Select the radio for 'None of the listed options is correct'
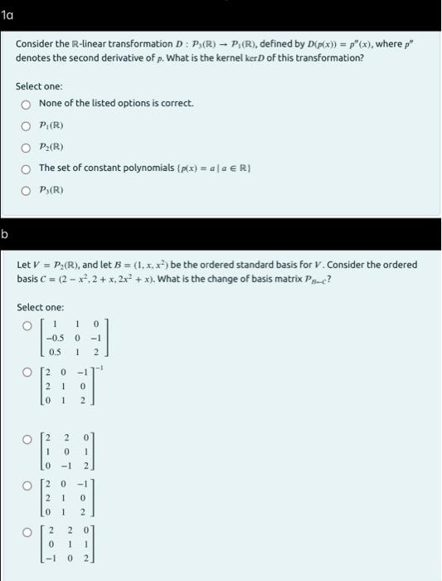click(x=27, y=103)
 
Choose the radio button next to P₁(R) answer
click(x=27, y=126)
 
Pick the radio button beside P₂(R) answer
click(x=27, y=148)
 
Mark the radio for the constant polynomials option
click(x=27, y=168)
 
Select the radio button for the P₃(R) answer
click(x=27, y=189)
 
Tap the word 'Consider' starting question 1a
click(x=33, y=43)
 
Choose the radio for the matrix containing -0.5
click(x=27, y=325)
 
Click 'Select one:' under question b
click(x=39, y=307)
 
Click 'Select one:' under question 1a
click(x=39, y=86)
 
